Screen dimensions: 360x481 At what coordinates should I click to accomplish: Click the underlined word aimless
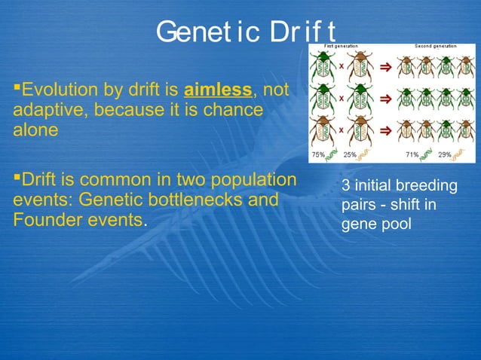(218, 91)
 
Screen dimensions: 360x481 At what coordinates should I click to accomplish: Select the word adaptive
(44, 110)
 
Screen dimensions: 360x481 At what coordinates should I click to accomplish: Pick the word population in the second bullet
(253, 182)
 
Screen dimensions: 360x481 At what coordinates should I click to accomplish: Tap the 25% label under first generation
(350, 154)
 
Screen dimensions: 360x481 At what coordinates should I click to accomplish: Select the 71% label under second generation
(412, 154)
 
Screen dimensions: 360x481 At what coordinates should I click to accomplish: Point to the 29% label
(445, 154)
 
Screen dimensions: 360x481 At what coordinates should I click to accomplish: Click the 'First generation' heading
(341, 47)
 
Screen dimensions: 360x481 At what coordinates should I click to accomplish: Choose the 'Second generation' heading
(435, 47)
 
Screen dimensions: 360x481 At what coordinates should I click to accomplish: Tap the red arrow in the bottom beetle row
(384, 130)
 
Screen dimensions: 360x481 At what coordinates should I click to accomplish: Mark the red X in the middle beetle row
(341, 98)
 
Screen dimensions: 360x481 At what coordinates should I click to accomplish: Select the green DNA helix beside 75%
(332, 154)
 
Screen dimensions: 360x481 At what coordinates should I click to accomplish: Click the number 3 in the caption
(345, 186)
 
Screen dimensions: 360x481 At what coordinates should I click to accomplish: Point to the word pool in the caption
(397, 223)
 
